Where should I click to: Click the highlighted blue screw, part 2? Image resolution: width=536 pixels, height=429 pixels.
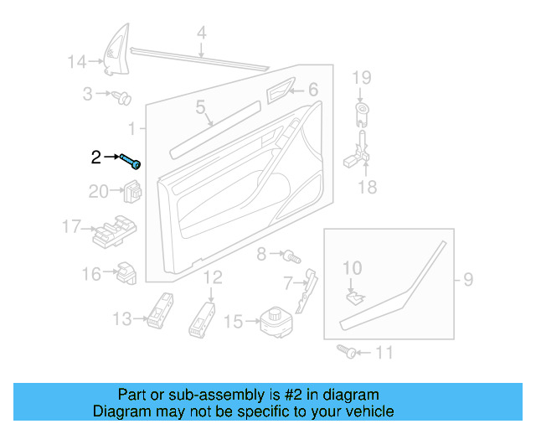coord(130,160)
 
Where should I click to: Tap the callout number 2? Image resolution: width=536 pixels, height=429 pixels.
coord(95,157)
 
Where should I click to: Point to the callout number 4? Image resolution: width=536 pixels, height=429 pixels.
coord(201,34)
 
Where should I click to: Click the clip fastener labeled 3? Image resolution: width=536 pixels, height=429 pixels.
coord(121,98)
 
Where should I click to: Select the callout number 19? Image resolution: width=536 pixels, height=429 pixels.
coord(360,79)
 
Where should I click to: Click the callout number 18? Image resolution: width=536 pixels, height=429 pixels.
coord(368,187)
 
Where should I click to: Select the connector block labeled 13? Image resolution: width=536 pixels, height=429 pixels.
coord(160,312)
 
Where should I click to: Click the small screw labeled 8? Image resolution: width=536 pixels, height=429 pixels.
coord(290,253)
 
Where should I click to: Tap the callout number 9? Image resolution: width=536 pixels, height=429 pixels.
coord(468,277)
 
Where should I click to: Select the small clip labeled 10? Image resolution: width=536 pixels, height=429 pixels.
coord(354,294)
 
